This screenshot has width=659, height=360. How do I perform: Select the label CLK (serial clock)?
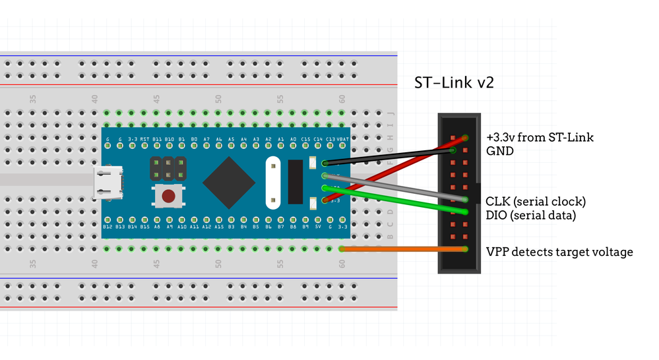tap(535, 201)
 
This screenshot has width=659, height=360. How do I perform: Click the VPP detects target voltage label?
tap(559, 251)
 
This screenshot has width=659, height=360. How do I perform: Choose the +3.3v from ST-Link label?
tap(540, 137)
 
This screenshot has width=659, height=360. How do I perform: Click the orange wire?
tap(402, 249)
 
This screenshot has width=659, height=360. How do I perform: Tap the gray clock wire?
tap(396, 187)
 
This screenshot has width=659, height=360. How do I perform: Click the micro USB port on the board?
tap(108, 183)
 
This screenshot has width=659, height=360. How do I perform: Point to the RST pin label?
tap(144, 139)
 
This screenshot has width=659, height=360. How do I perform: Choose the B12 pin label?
tap(108, 226)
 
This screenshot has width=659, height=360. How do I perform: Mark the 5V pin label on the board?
tap(318, 226)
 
